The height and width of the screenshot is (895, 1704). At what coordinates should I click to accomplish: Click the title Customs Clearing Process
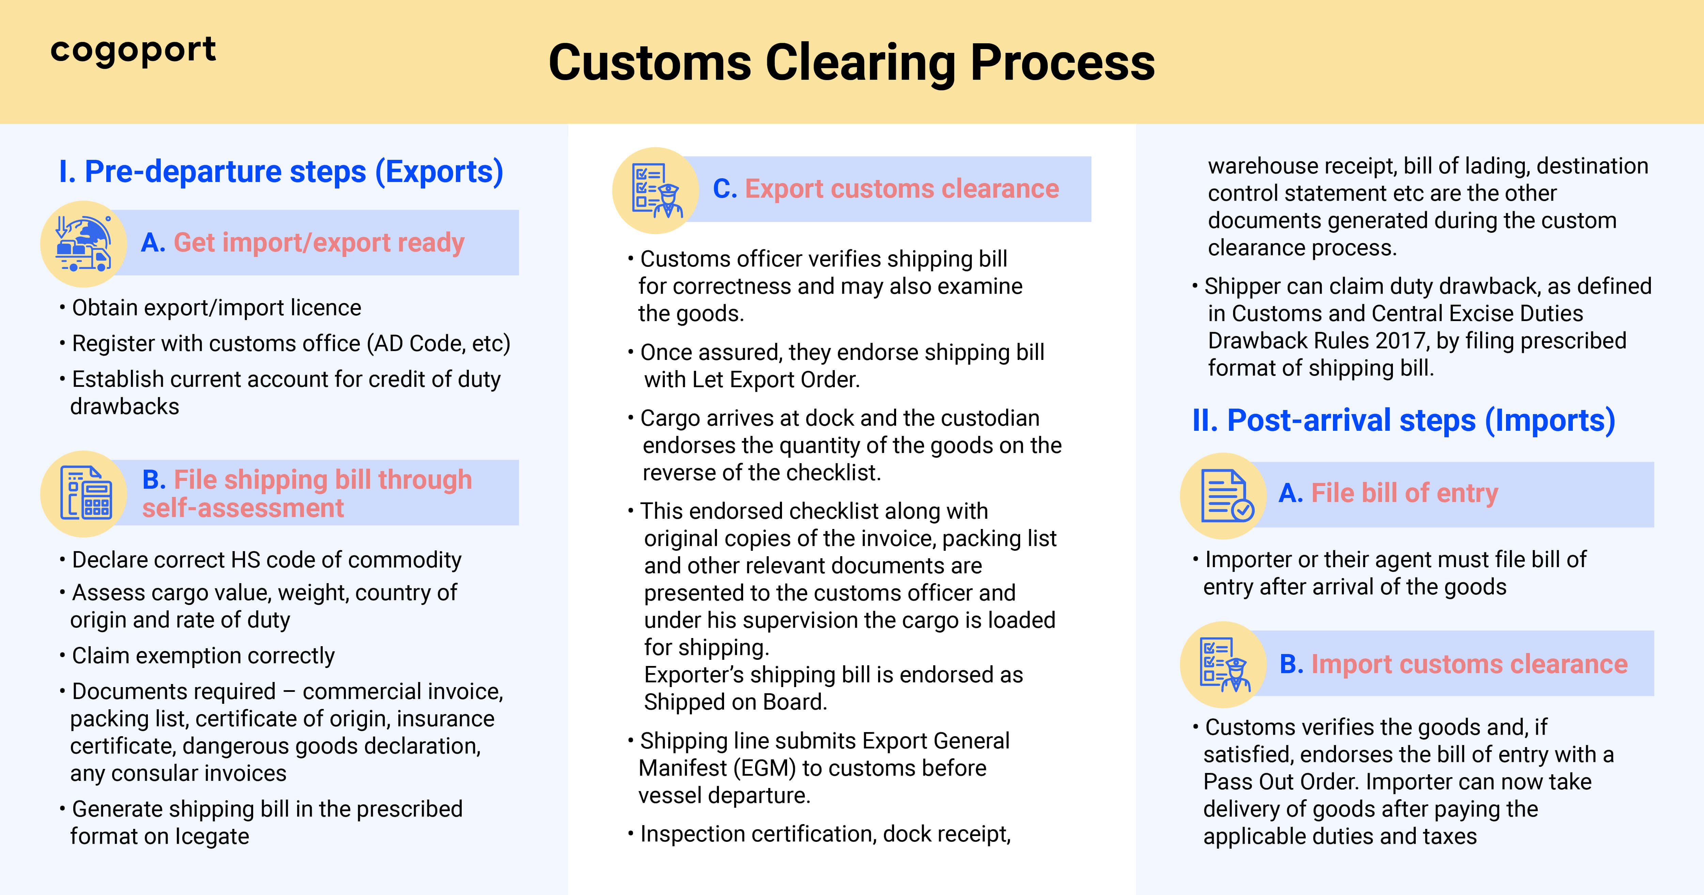(x=851, y=63)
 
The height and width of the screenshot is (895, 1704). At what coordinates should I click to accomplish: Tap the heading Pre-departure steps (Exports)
(x=281, y=172)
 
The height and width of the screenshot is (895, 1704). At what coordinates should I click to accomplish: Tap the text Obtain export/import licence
(x=216, y=308)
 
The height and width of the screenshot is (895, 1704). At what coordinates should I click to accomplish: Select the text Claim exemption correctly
(x=203, y=655)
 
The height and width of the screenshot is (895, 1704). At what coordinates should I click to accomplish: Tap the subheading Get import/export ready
(x=319, y=243)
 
